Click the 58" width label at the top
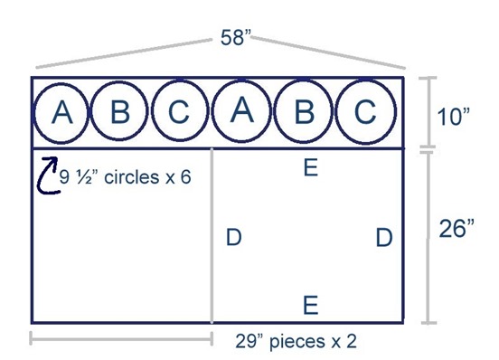click(x=237, y=38)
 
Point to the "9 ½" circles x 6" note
click(x=125, y=177)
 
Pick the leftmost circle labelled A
click(x=61, y=112)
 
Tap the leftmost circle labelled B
click(x=120, y=112)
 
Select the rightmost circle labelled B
click(x=304, y=112)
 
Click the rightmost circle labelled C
click(x=364, y=112)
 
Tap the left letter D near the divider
click(x=233, y=238)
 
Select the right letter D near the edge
click(x=384, y=238)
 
